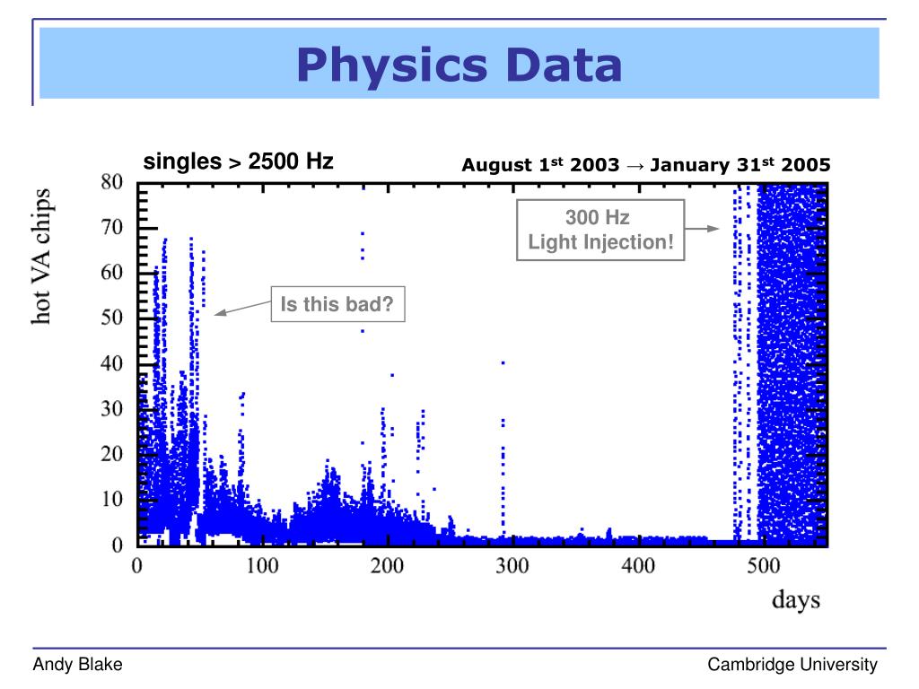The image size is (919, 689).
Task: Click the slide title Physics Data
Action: click(459, 65)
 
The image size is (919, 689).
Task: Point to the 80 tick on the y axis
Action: click(111, 182)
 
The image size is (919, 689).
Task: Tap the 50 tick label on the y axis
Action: click(111, 318)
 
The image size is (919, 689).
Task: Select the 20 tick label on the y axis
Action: click(111, 455)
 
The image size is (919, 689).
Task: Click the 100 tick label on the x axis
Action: click(262, 566)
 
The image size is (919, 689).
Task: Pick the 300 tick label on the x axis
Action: click(512, 566)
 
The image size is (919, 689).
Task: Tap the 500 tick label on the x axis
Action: click(764, 566)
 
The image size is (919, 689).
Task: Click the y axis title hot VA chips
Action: click(42, 256)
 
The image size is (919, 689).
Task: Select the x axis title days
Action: click(796, 599)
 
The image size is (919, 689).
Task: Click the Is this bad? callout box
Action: click(337, 305)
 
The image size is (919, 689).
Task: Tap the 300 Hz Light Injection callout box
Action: click(600, 230)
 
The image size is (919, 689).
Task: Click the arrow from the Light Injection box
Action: click(703, 229)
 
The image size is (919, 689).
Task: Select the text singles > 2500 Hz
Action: click(239, 162)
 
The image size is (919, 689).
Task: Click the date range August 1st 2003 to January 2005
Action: click(646, 165)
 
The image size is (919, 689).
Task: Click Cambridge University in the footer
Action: click(792, 665)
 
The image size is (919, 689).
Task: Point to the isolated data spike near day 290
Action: click(503, 449)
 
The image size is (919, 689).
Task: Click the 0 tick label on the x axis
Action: click(137, 566)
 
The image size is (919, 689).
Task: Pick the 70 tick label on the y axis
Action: click(111, 228)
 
